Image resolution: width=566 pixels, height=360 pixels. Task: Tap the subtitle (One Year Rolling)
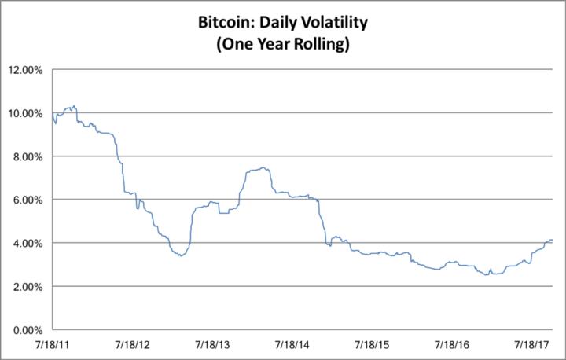tap(282, 45)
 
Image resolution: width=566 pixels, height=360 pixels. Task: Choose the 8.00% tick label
tap(27, 156)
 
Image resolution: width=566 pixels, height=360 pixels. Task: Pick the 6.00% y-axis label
tap(27, 200)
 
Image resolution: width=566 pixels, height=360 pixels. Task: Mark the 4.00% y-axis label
tap(27, 243)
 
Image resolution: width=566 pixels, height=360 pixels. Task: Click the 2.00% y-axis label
tap(27, 286)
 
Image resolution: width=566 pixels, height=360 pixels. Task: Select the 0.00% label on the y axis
tap(27, 329)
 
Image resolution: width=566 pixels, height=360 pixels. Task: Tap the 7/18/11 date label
tap(53, 344)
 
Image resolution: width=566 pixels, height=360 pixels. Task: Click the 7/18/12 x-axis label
tap(132, 344)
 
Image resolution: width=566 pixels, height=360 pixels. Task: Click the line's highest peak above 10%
tap(73, 105)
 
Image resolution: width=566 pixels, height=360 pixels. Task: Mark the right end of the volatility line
tap(553, 240)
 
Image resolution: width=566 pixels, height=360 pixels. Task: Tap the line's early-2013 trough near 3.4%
tap(180, 256)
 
